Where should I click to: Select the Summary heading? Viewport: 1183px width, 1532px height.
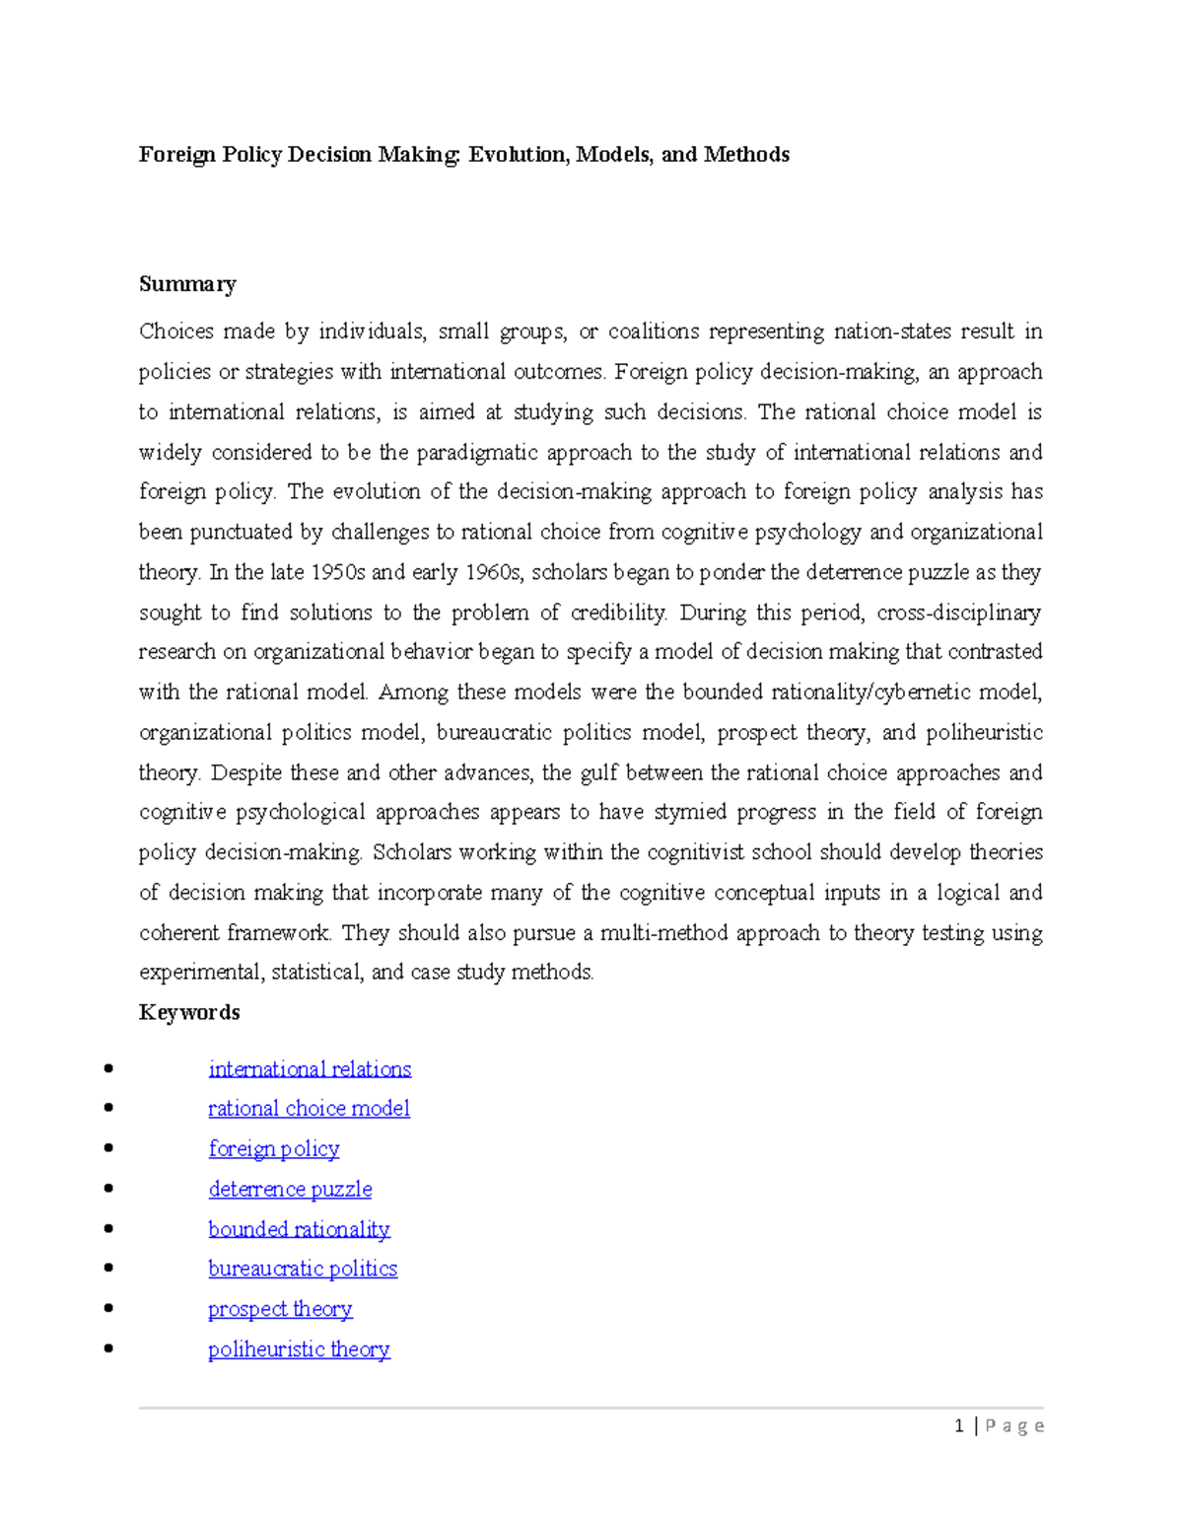[x=187, y=284]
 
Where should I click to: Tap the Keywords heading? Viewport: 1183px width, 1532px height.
[x=189, y=1012]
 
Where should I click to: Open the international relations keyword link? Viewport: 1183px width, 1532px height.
[x=310, y=1069]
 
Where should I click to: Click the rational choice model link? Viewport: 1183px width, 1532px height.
[x=309, y=1109]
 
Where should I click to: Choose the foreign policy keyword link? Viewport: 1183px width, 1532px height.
[x=274, y=1149]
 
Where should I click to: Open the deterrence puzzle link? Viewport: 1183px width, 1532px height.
[x=290, y=1190]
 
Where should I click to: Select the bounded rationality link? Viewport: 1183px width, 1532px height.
[x=299, y=1229]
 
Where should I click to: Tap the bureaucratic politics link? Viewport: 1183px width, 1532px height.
[x=303, y=1269]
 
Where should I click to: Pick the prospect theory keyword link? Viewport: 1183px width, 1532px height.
[x=280, y=1309]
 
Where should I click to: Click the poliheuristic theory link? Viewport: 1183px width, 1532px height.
[x=299, y=1350]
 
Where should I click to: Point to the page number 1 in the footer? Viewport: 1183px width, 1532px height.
[x=959, y=1425]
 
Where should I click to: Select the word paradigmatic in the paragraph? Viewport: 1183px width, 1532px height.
[x=474, y=453]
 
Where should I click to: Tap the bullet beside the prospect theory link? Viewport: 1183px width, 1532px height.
[x=108, y=1308]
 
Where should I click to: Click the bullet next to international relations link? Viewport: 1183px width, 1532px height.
[x=108, y=1068]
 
